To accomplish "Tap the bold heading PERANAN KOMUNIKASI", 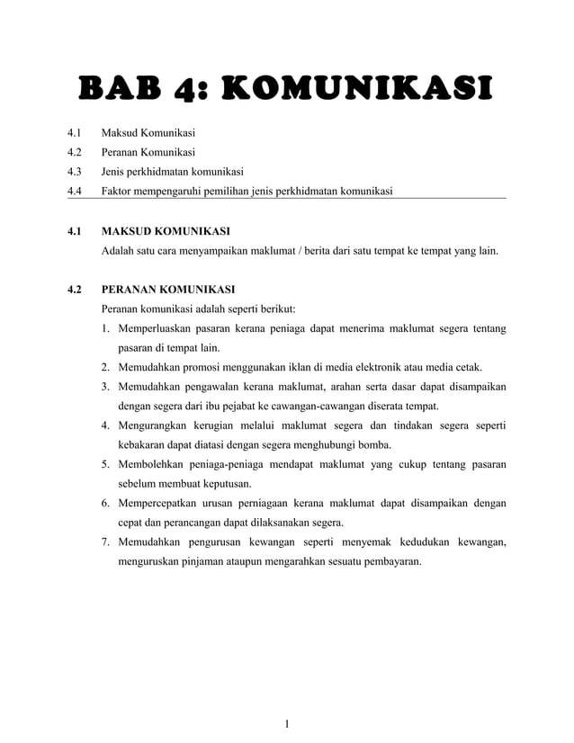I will (168, 290).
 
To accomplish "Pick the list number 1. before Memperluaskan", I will (106, 328).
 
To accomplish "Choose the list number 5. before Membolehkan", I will (106, 464).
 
